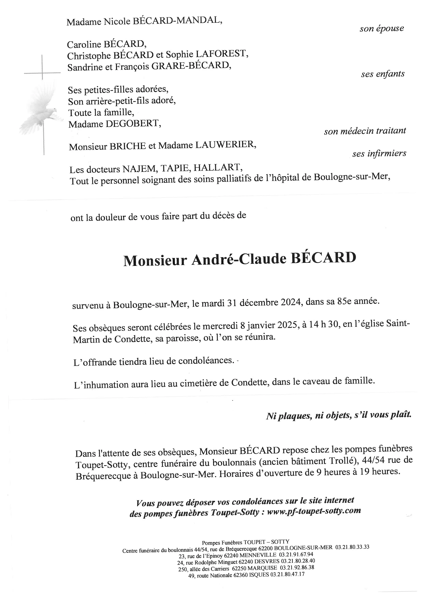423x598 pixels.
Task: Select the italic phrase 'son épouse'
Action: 382,28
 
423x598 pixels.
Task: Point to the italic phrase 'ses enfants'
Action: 383,74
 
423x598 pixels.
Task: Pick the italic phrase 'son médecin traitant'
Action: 365,131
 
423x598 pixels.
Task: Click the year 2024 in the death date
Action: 291,303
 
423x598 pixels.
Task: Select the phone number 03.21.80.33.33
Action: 352,547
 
